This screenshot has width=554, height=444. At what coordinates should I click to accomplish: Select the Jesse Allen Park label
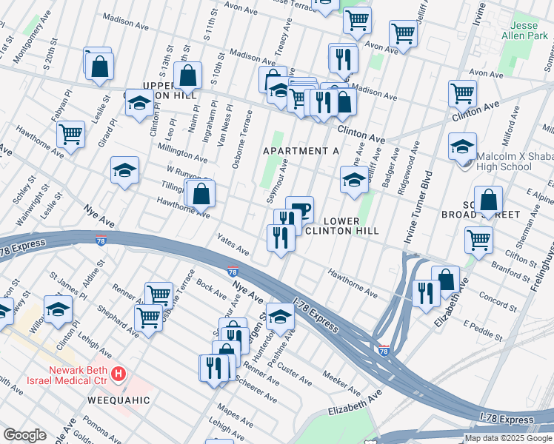530,30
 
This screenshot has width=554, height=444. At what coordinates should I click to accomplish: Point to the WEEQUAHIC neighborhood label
120,400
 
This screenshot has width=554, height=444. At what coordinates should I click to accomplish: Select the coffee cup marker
300,208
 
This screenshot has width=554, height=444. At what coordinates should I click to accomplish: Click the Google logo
24,434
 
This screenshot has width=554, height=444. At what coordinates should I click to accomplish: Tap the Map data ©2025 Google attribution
508,438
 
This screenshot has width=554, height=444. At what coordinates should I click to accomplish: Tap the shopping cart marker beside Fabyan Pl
70,135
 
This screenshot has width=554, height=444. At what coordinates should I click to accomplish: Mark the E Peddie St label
482,331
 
